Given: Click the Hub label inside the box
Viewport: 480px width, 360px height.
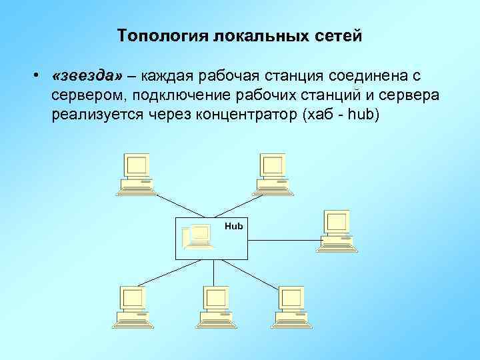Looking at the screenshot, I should pyautogui.click(x=234, y=227).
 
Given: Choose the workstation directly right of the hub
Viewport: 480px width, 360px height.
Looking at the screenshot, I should pyautogui.click(x=337, y=231).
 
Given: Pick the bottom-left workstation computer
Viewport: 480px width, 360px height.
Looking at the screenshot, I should pyautogui.click(x=132, y=306).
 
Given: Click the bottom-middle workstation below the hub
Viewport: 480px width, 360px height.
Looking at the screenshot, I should pyautogui.click(x=215, y=306).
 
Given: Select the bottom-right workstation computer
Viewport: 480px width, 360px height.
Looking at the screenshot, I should pyautogui.click(x=291, y=306).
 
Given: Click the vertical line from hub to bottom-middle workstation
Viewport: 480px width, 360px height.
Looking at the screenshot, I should pyautogui.click(x=213, y=273).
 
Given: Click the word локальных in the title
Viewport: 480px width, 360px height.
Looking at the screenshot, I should pyautogui.click(x=256, y=35).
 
